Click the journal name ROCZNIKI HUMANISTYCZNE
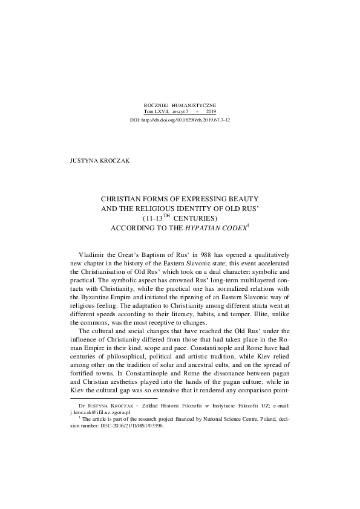(x=180, y=105)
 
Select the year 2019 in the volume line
(x=211, y=112)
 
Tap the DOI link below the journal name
(x=180, y=120)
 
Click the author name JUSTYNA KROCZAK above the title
(x=96, y=162)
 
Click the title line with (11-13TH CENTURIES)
(x=180, y=218)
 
